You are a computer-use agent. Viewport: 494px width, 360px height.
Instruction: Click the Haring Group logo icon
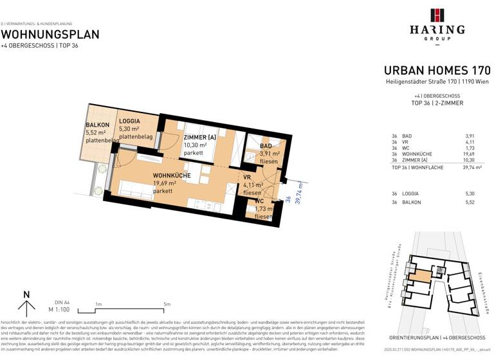(437, 15)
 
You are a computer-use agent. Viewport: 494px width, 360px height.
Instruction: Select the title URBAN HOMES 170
(437, 71)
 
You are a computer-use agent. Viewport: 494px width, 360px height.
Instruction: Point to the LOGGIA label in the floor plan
(130, 122)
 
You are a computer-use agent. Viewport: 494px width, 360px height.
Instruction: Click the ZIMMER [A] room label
(200, 138)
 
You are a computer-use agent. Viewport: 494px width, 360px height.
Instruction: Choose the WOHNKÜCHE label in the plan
(171, 175)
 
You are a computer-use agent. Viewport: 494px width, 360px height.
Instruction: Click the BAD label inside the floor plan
(266, 147)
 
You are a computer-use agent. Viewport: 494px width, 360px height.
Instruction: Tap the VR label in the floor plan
(246, 177)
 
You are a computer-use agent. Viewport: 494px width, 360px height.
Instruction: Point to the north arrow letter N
(26, 295)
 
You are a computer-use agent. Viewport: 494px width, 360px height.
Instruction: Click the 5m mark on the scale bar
(167, 304)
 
